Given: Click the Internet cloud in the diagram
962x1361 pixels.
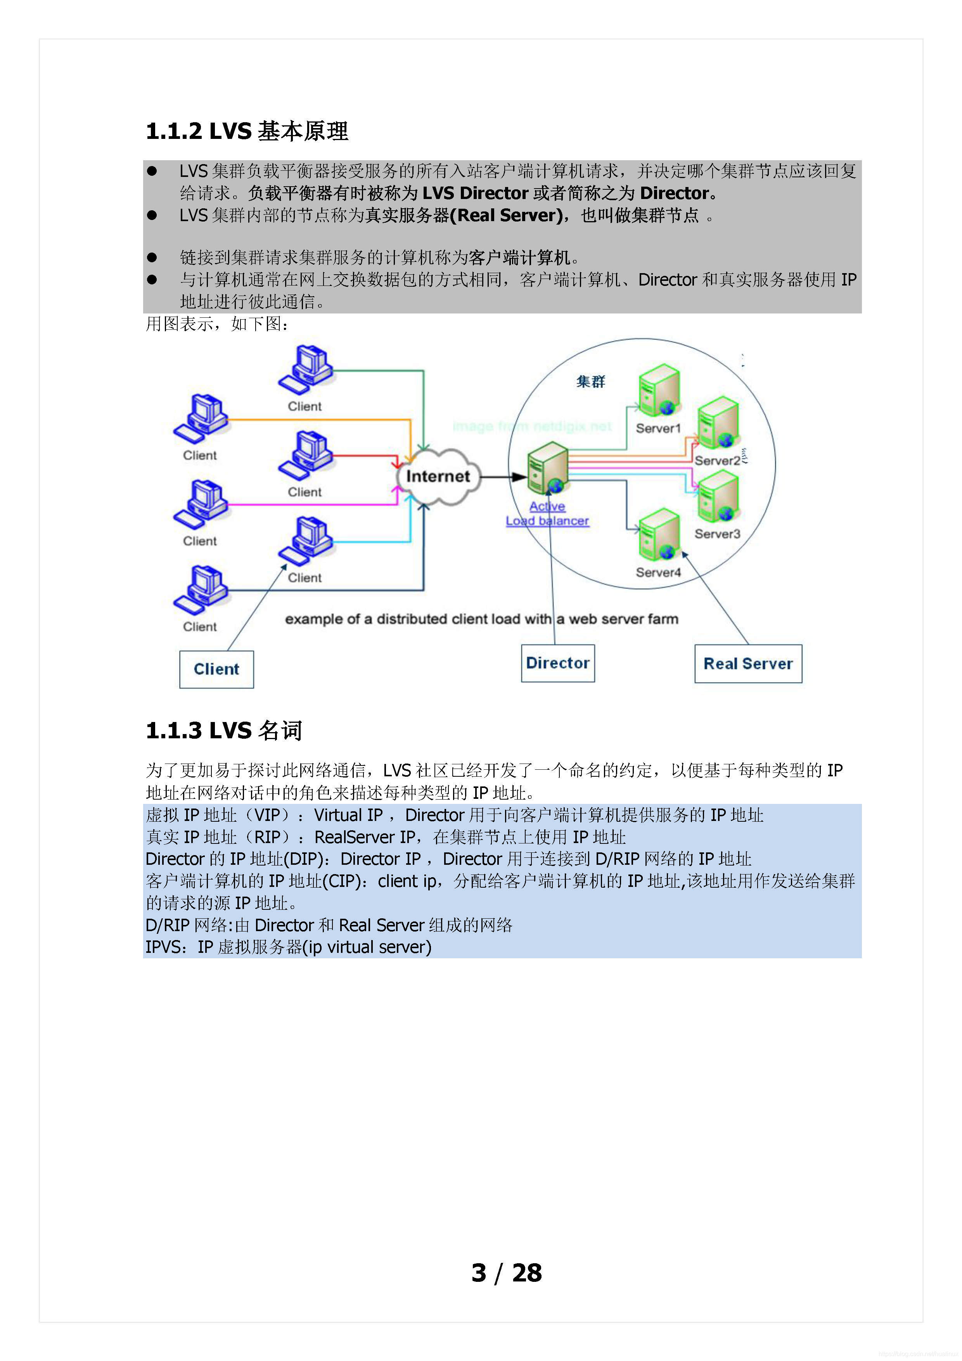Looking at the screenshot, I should pyautogui.click(x=438, y=476).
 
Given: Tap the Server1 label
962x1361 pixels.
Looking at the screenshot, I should pyautogui.click(x=658, y=428).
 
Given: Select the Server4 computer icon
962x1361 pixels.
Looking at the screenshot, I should pyautogui.click(x=659, y=535).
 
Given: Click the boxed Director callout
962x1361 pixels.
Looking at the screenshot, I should pyautogui.click(x=558, y=663).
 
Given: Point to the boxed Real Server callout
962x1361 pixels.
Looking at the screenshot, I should pyautogui.click(x=748, y=664).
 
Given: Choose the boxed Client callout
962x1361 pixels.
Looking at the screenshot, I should pyautogui.click(x=216, y=669).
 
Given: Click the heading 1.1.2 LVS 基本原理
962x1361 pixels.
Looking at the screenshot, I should pyautogui.click(x=247, y=131).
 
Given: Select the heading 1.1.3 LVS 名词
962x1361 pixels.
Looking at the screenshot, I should pyautogui.click(x=224, y=730).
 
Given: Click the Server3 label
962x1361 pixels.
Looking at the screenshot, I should pyautogui.click(x=717, y=534).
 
